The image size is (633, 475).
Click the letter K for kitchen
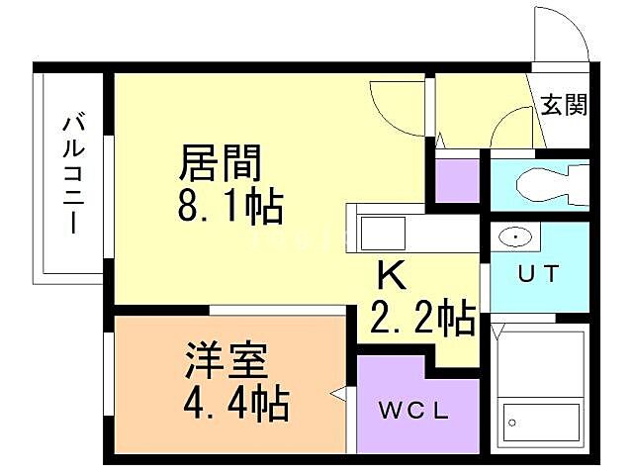[x=388, y=274]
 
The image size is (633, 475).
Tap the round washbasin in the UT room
[x=515, y=237]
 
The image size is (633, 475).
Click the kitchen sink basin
[x=376, y=235]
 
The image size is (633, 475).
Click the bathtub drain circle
[x=513, y=424]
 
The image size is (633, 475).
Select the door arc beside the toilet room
[x=511, y=129]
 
